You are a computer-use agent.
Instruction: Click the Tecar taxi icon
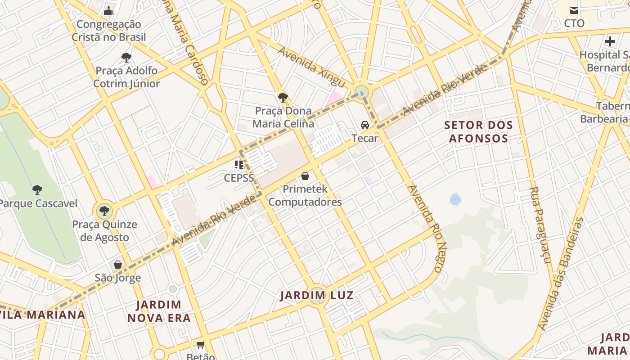(364, 125)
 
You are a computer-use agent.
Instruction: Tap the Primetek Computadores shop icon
(305, 176)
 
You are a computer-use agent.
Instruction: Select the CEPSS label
(239, 178)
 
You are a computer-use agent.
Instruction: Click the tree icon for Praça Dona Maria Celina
(283, 97)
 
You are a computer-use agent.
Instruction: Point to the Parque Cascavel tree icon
(37, 190)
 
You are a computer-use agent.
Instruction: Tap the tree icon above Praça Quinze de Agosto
(104, 211)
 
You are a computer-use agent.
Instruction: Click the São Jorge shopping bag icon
(118, 265)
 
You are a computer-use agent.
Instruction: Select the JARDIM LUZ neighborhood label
(316, 296)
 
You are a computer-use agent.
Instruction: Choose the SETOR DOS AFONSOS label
(478, 131)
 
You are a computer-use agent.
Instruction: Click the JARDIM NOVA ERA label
(159, 311)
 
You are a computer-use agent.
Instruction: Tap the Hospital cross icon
(610, 41)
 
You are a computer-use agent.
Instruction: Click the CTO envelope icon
(574, 10)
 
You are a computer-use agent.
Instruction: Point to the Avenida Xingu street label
(311, 67)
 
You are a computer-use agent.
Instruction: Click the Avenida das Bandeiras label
(560, 274)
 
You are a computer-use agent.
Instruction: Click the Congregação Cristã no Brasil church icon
(108, 11)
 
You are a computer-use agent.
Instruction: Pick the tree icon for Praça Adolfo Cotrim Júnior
(126, 57)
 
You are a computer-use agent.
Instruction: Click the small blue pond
(455, 199)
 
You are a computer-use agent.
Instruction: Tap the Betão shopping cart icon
(200, 345)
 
